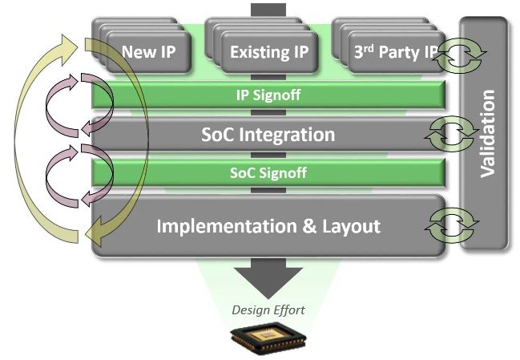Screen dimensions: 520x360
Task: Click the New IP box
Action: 148,52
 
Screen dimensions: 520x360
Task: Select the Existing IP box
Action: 269,52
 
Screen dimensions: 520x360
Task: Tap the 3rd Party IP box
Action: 397,52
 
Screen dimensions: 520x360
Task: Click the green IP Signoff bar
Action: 268,95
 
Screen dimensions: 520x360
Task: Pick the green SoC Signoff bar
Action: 268,173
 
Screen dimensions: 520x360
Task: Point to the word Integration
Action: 287,135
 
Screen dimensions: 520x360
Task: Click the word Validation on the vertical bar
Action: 487,133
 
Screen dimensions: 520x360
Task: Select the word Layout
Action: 351,226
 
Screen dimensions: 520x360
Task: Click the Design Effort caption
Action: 268,310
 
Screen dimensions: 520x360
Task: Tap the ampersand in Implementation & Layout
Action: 310,226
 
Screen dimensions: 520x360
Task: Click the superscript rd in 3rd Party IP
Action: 369,48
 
